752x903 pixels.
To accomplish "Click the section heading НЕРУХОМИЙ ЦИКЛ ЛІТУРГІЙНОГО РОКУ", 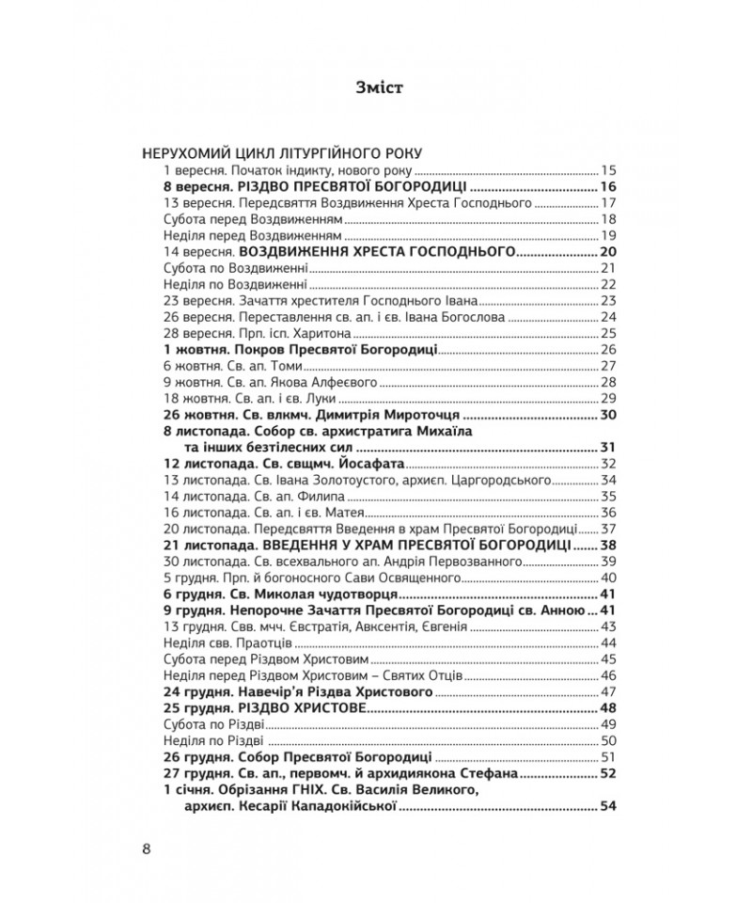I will pyautogui.click(x=281, y=153).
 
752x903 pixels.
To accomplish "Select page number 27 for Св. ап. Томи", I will pyautogui.click(x=606, y=366).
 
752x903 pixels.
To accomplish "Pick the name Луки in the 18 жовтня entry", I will pyautogui.click(x=314, y=399).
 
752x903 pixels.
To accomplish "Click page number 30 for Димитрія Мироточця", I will pyautogui.click(x=606, y=415).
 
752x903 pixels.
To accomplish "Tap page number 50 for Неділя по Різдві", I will pyautogui.click(x=606, y=740).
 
